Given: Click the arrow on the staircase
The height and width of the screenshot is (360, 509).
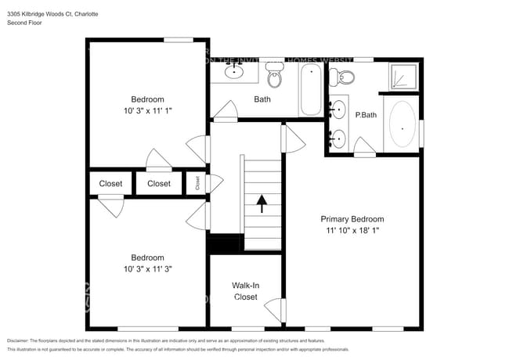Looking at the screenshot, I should (262, 205).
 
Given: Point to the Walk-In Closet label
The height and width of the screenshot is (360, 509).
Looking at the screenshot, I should (245, 291).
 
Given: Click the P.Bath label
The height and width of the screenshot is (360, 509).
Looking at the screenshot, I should (365, 115).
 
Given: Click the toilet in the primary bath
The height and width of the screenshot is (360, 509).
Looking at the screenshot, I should (342, 76).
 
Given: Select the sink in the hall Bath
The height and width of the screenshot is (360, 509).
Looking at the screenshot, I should (234, 72).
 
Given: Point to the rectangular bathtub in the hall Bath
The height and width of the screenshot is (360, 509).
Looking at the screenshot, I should (310, 90).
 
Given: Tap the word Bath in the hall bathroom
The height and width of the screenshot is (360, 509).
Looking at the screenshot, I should (262, 99).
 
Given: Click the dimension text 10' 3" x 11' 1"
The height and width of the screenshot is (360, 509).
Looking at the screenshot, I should (147, 111).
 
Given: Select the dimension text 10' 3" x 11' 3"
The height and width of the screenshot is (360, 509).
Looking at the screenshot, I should (147, 268).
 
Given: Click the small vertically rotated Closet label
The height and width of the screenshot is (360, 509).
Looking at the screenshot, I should (197, 183).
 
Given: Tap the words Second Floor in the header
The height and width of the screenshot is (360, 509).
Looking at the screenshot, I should (25, 23).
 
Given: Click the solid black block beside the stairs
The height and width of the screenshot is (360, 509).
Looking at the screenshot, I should (225, 244).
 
